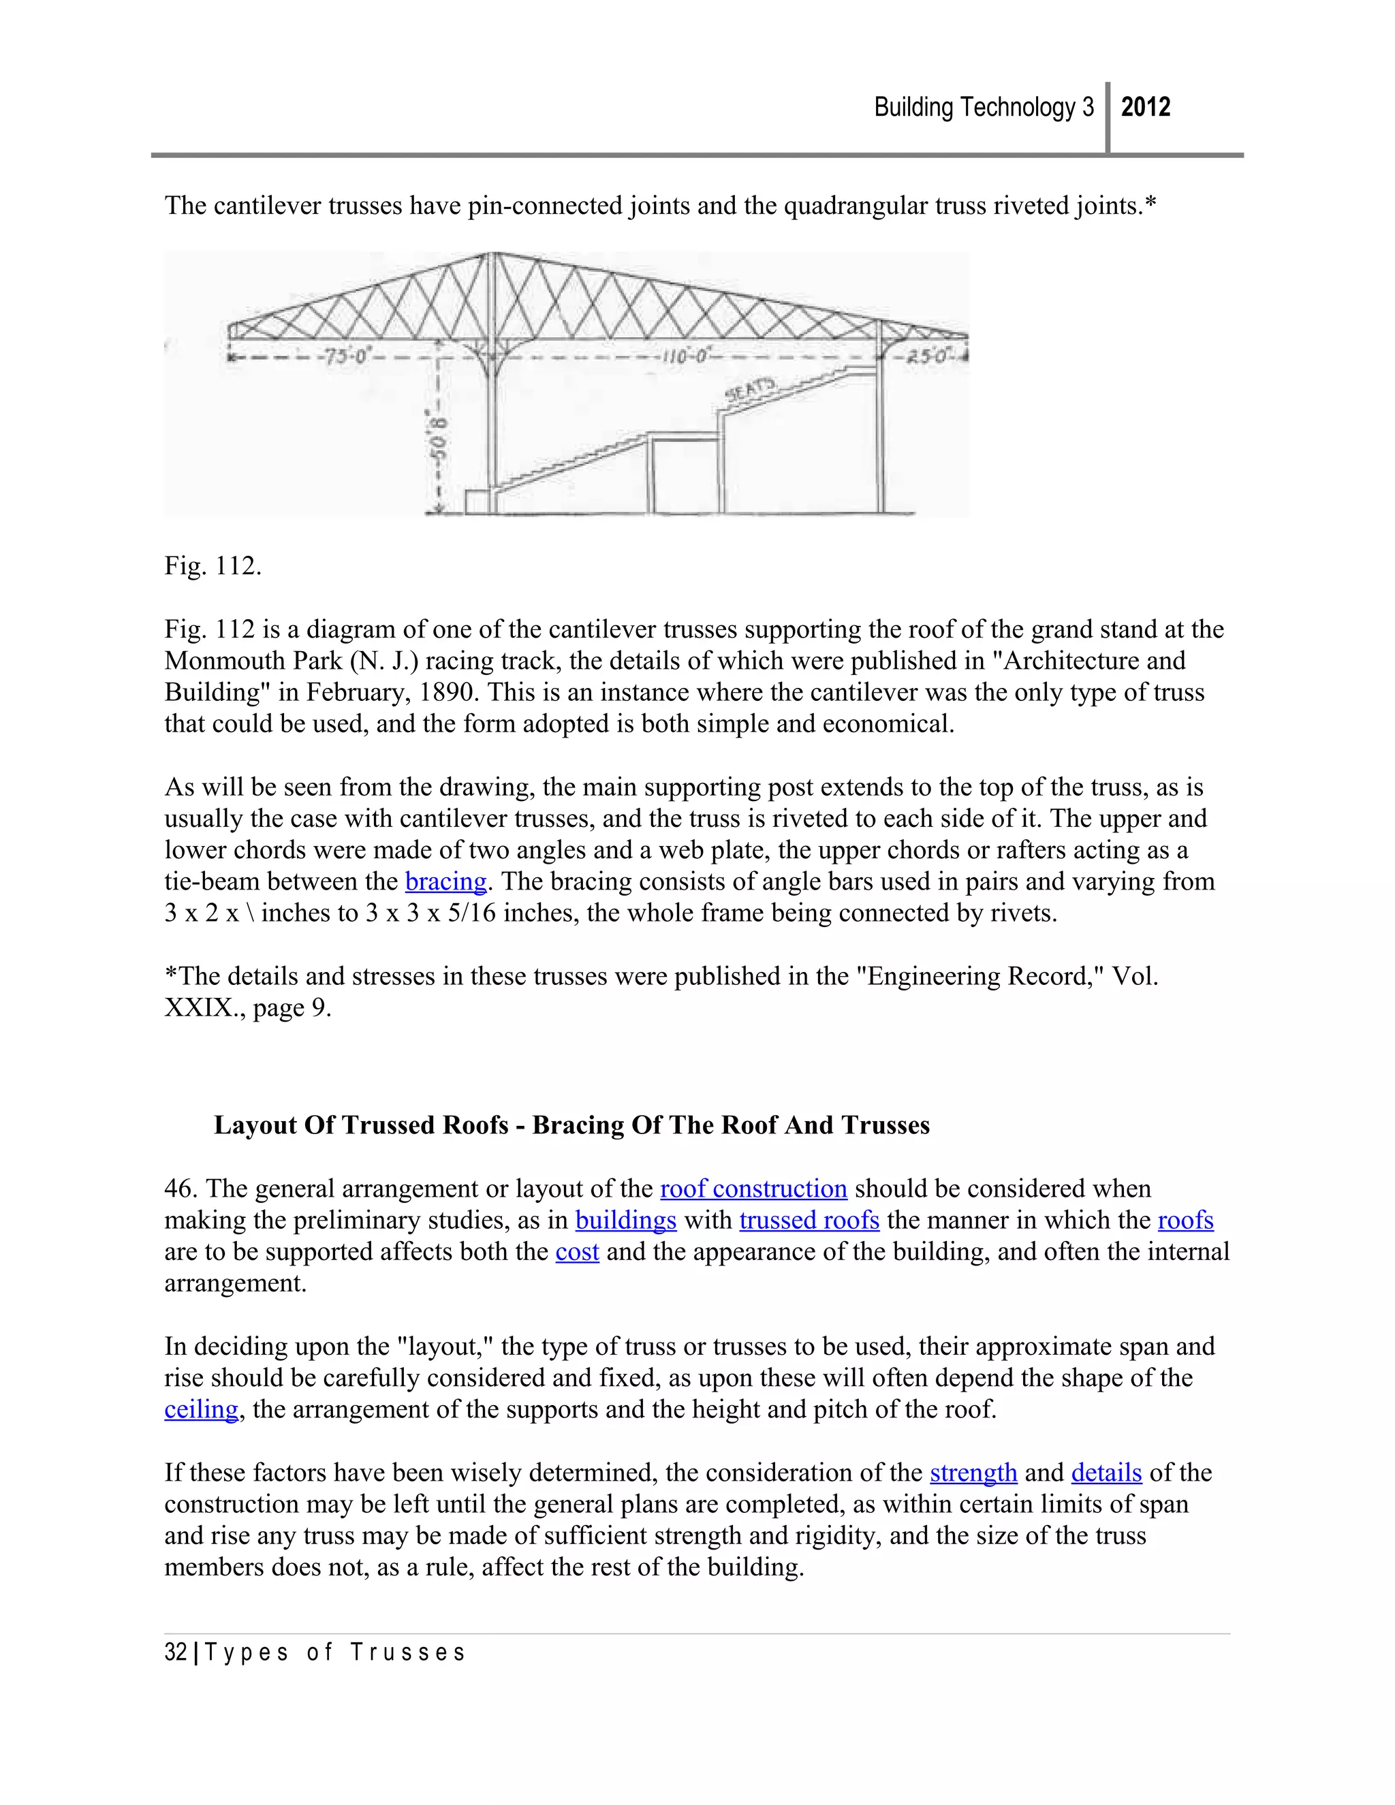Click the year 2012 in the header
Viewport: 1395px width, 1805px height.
pyautogui.click(x=1146, y=107)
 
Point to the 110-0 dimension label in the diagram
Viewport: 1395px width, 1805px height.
pyautogui.click(x=685, y=357)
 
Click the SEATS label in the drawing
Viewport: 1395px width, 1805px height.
pyautogui.click(x=751, y=388)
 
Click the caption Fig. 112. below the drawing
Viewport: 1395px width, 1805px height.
pyautogui.click(x=213, y=566)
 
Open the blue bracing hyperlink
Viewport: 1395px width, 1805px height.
pyautogui.click(x=445, y=882)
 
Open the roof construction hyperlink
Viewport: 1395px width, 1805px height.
pyautogui.click(x=753, y=1189)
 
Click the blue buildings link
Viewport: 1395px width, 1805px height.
pyautogui.click(x=625, y=1221)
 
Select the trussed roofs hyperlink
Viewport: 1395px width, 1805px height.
pyautogui.click(x=809, y=1221)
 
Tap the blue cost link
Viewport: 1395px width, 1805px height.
pyautogui.click(x=577, y=1252)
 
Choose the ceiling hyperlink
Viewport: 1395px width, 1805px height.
pyautogui.click(x=201, y=1409)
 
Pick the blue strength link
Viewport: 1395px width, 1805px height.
pyautogui.click(x=973, y=1473)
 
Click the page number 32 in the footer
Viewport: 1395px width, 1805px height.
pyautogui.click(x=175, y=1652)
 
